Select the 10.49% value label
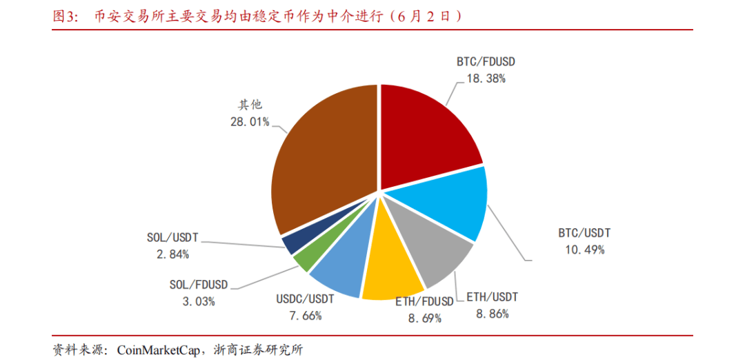(x=584, y=250)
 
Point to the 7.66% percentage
(x=304, y=316)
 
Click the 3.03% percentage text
(x=198, y=301)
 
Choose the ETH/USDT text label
(x=492, y=298)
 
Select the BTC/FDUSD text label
(x=486, y=61)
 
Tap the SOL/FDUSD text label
(x=198, y=284)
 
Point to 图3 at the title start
(x=67, y=17)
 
